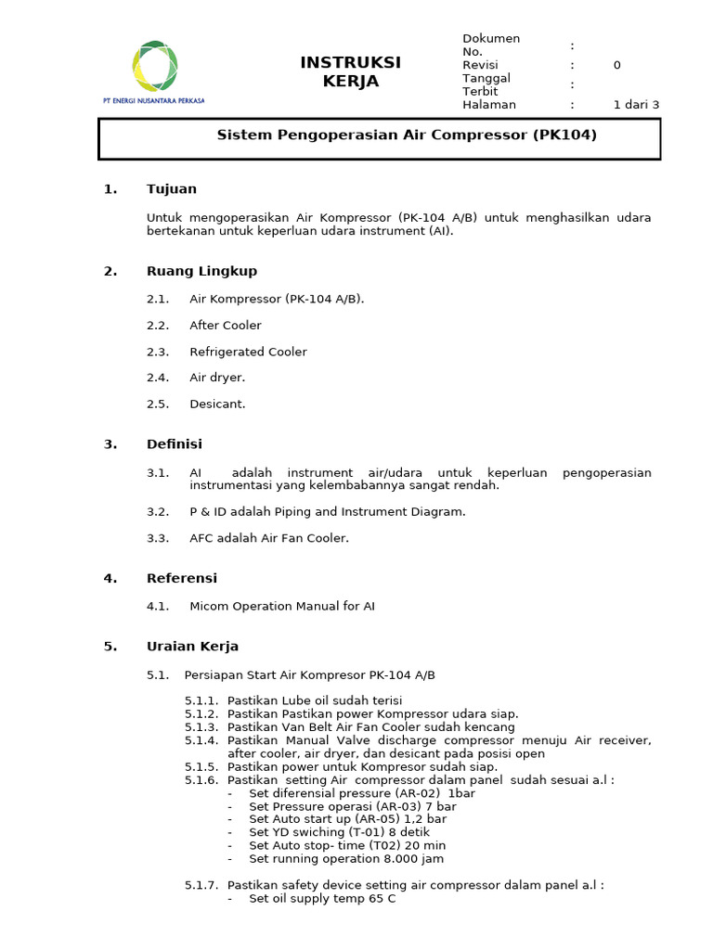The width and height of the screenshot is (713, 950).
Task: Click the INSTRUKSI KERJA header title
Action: click(350, 71)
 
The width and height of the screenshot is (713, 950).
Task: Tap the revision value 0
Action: click(616, 65)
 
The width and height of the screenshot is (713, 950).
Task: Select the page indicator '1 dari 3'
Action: click(636, 105)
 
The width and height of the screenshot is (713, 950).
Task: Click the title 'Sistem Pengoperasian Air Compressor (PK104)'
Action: click(407, 135)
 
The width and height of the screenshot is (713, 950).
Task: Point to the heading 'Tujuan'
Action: click(172, 189)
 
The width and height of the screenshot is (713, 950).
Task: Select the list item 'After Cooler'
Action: click(226, 326)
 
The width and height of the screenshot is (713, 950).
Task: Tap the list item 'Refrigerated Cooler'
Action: click(248, 352)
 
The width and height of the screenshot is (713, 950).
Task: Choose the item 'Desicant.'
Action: click(217, 404)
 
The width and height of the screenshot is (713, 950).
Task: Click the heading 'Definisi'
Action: click(175, 444)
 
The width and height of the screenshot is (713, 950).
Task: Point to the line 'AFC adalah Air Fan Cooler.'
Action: click(269, 538)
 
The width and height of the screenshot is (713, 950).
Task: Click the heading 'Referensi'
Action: click(182, 578)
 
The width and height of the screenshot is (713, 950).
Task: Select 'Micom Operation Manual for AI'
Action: click(282, 607)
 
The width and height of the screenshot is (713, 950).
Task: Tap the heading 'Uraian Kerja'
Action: click(192, 647)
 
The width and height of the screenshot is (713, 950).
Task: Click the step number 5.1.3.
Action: click(201, 727)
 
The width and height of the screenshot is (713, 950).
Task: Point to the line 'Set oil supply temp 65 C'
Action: click(322, 899)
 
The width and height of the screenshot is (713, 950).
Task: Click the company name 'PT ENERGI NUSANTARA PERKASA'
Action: click(153, 100)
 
